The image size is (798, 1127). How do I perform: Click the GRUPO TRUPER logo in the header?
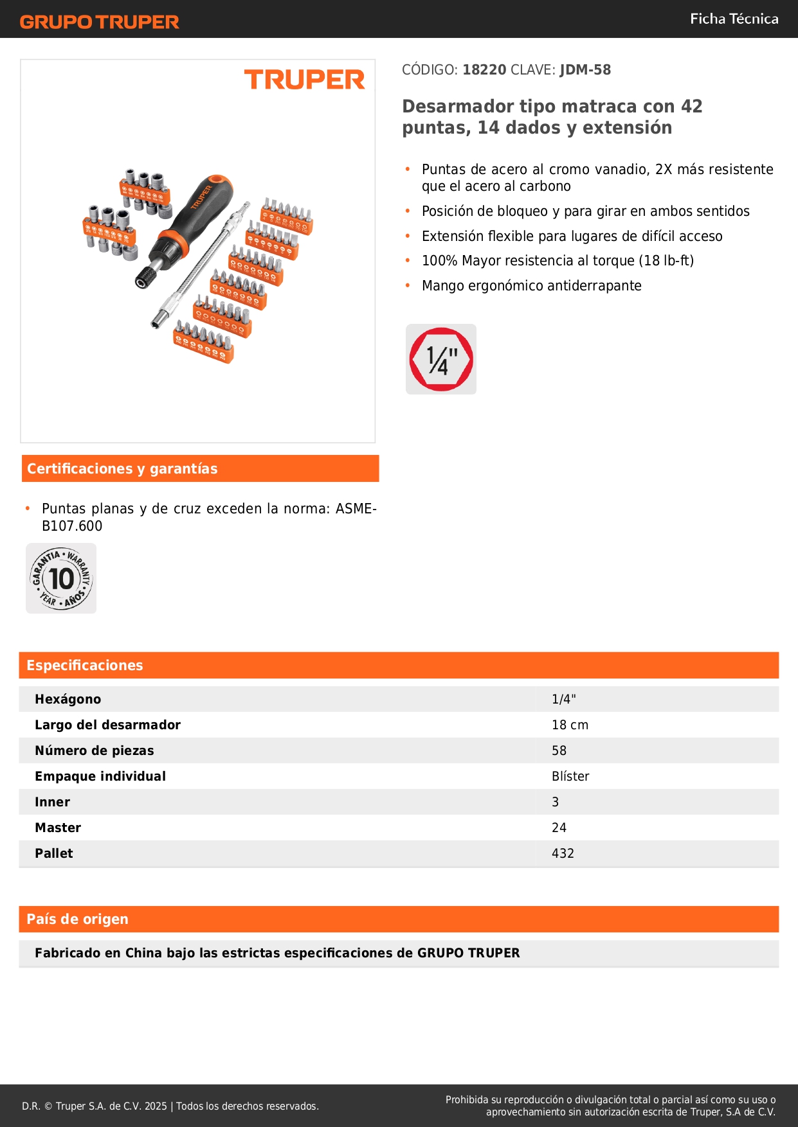[x=99, y=22]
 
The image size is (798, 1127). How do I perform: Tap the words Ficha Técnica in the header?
[x=734, y=19]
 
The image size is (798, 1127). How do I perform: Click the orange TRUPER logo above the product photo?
[x=304, y=80]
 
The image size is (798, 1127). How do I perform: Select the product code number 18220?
[x=484, y=69]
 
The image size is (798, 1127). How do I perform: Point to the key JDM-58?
[x=585, y=69]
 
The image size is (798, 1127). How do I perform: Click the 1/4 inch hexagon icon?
[x=441, y=359]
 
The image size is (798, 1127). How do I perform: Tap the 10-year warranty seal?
[x=61, y=578]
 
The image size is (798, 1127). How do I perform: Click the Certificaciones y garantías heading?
[x=122, y=468]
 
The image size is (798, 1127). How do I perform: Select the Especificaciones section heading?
[x=85, y=665]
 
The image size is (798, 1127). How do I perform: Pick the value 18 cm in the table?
[x=570, y=725]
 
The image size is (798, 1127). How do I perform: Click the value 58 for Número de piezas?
[x=559, y=750]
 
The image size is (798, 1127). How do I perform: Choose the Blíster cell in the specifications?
[x=570, y=776]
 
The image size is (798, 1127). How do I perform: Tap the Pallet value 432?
[x=563, y=853]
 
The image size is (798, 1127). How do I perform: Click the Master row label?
[x=58, y=828]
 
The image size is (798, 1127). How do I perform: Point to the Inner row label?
[x=52, y=802]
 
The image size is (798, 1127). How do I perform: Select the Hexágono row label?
[x=68, y=699]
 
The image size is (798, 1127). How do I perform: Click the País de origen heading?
[x=77, y=919]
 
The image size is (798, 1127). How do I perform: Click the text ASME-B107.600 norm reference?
[x=209, y=517]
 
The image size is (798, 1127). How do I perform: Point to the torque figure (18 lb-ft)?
[x=666, y=260]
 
